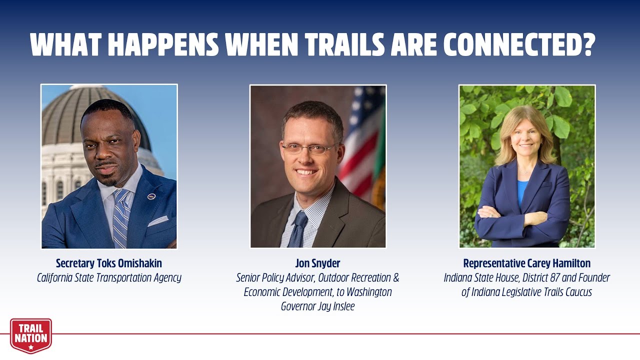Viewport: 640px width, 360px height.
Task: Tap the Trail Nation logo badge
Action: click(31, 335)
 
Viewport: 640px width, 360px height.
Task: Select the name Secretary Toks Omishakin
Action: click(109, 263)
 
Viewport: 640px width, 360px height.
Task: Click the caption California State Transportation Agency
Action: click(109, 277)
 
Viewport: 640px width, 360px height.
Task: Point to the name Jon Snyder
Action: click(317, 263)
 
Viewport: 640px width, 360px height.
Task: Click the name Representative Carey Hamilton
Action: click(527, 263)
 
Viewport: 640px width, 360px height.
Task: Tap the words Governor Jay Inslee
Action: click(317, 306)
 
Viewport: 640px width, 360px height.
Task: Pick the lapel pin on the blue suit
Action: click(151, 196)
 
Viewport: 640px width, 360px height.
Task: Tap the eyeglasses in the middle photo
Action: click(309, 148)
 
